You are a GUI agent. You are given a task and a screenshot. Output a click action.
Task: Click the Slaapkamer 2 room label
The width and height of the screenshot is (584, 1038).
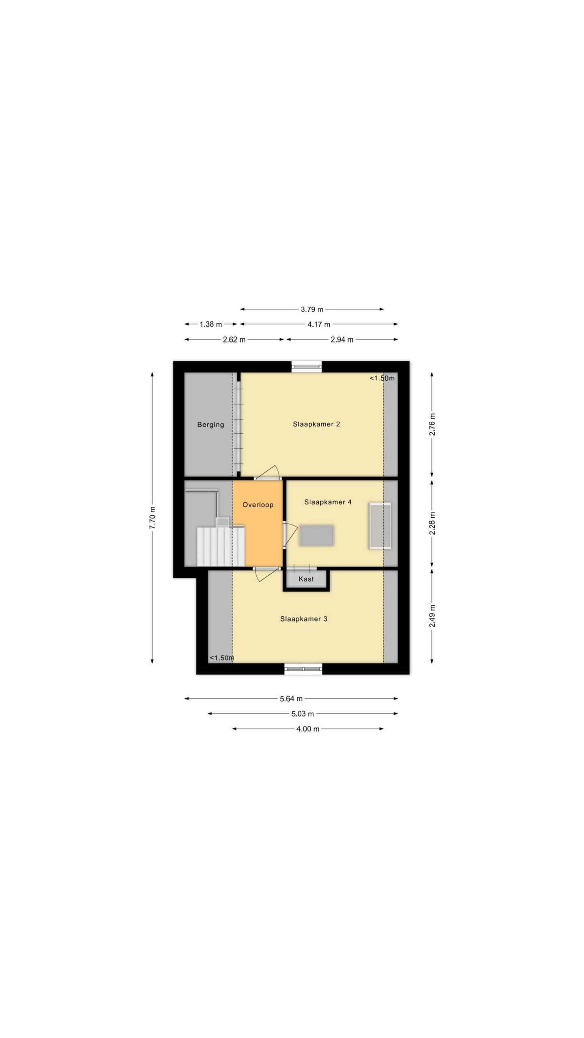tap(316, 424)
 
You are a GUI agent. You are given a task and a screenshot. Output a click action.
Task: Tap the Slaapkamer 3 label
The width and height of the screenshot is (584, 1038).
tap(303, 619)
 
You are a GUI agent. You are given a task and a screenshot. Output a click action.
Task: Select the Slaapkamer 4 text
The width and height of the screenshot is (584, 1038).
tap(328, 502)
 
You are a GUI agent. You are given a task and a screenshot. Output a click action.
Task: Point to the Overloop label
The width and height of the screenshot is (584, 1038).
tap(258, 505)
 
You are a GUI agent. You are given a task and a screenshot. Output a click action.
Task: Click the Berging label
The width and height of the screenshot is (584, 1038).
tap(210, 425)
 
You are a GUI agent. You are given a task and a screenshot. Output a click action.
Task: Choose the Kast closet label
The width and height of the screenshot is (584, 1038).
tap(306, 579)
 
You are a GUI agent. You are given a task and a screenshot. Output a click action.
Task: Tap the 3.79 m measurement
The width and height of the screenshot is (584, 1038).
tap(312, 309)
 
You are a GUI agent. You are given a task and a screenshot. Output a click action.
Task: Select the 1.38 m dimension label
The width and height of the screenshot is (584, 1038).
tap(210, 324)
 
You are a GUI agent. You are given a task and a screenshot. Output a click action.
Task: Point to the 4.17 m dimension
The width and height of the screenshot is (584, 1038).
tap(319, 324)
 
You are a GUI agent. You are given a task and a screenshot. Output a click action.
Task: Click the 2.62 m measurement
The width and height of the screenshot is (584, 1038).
tap(234, 340)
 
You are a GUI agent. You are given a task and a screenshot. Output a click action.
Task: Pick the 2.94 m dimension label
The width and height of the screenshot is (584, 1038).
tap(342, 340)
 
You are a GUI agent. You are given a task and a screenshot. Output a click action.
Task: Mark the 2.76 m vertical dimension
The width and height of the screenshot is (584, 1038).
tap(432, 424)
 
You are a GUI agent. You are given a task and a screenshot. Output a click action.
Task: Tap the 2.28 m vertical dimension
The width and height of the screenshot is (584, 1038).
tap(432, 523)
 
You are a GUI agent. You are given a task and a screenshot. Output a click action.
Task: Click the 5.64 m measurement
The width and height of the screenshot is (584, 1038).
tap(291, 699)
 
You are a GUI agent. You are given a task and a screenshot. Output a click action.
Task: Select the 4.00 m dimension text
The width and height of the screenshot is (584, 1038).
tap(307, 729)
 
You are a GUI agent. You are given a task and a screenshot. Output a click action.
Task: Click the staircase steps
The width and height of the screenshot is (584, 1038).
tap(221, 546)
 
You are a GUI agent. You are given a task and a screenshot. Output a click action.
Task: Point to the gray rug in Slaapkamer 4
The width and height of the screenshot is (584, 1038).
tap(317, 535)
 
